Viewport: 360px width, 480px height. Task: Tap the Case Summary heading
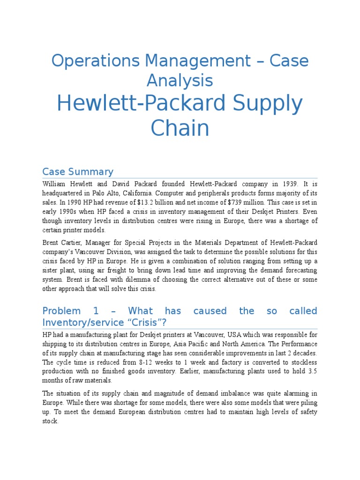pyautogui.click(x=77, y=171)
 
